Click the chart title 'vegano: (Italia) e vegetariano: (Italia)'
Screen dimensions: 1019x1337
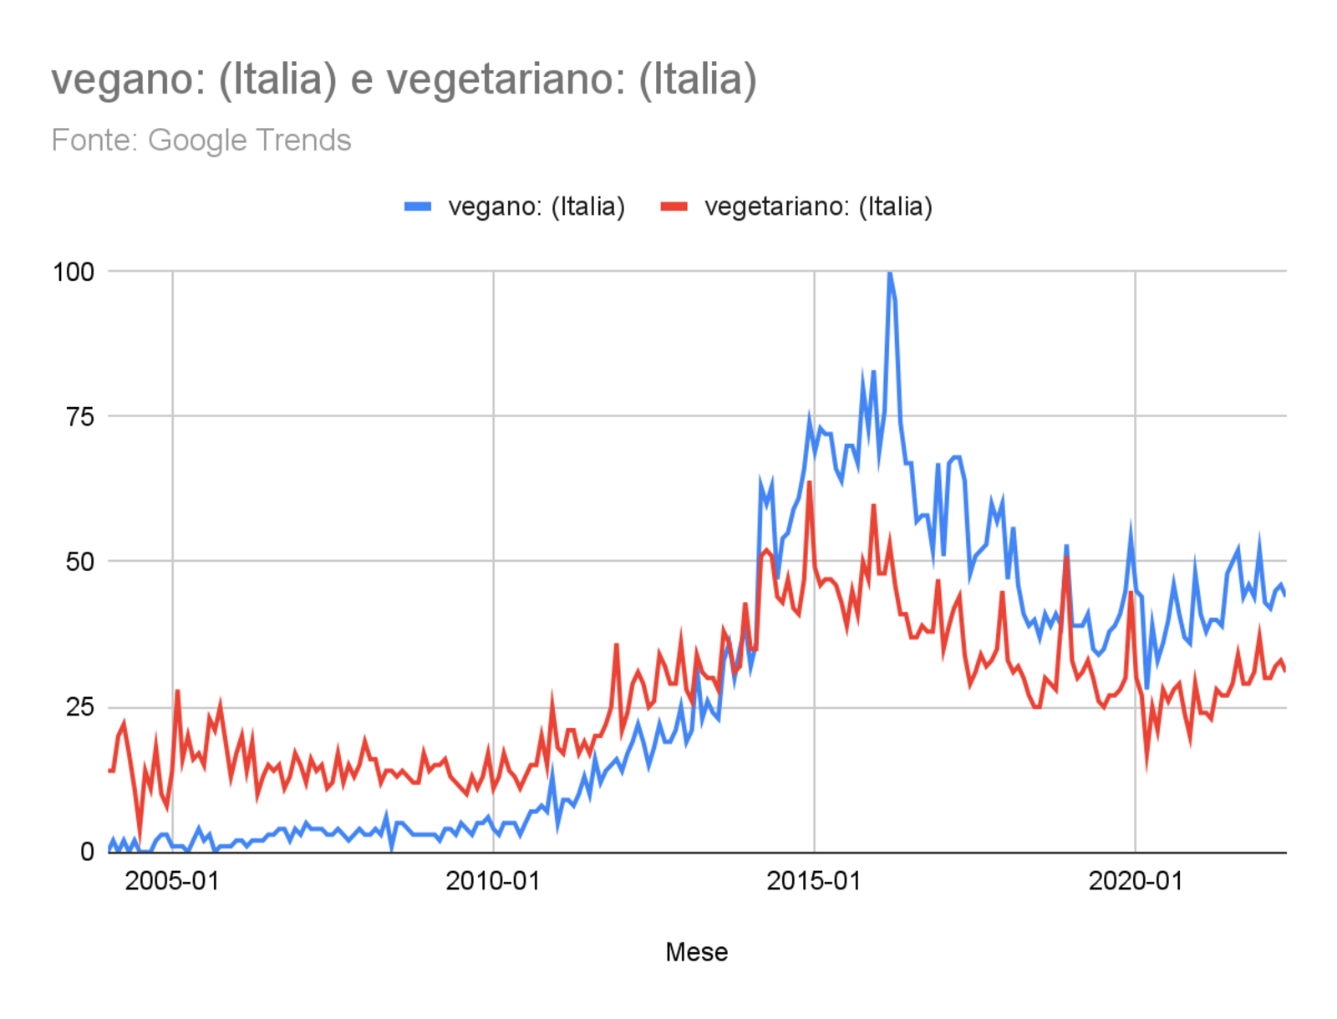[x=404, y=80]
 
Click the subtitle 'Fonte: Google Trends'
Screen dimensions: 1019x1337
[x=201, y=140]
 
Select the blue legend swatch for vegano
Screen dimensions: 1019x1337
[x=418, y=206]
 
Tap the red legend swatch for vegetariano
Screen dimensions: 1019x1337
[x=674, y=206]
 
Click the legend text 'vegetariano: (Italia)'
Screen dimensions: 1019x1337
[x=818, y=206]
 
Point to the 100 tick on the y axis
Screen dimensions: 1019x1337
[x=74, y=272]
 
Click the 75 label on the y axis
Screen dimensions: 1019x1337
[x=80, y=416]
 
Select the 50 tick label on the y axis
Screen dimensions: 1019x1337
[x=80, y=562]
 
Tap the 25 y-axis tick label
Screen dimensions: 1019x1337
[x=80, y=707]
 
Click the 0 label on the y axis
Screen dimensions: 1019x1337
[x=87, y=853]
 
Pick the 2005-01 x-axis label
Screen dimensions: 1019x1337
[x=172, y=881]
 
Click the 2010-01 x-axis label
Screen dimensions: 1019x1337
[x=493, y=881]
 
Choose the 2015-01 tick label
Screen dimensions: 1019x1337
[x=814, y=881]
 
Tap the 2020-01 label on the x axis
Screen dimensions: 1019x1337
[x=1136, y=881]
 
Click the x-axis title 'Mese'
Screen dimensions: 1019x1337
[x=696, y=952]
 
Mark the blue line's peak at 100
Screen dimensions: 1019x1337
[x=890, y=273]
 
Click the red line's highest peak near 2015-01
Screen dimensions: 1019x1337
[x=809, y=482]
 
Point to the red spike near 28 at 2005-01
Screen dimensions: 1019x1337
[x=177, y=691]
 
